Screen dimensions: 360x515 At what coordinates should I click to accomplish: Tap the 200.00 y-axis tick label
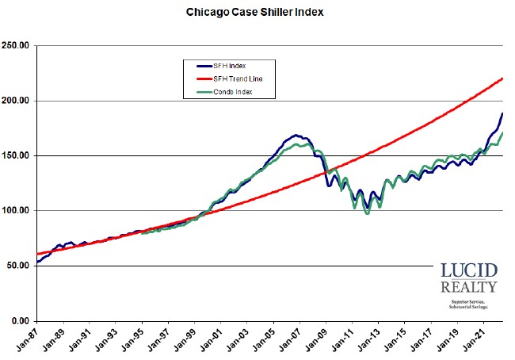[16, 101]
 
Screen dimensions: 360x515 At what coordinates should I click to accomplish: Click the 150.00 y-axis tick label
[16, 155]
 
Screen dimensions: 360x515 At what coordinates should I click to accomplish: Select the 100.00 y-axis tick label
[16, 211]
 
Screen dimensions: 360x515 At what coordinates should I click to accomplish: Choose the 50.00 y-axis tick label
[17, 266]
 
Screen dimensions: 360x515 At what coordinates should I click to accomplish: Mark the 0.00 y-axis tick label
[20, 320]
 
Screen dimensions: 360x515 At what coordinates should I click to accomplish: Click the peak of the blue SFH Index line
[295, 136]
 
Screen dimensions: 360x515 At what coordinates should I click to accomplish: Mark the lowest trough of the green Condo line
[366, 213]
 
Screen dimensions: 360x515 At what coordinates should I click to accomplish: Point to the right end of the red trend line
[503, 79]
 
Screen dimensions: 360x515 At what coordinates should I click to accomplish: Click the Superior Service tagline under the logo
[469, 302]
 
